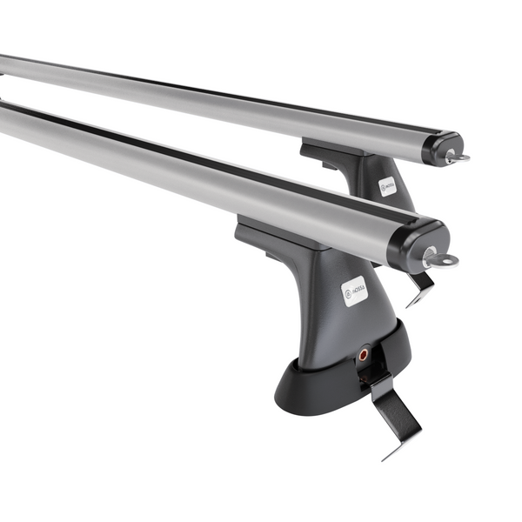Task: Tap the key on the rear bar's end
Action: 455,157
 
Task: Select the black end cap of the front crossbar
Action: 421,241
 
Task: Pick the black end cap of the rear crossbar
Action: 443,147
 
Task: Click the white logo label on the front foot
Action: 355,291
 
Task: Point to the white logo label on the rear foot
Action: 387,186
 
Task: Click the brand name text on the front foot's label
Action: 358,288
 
